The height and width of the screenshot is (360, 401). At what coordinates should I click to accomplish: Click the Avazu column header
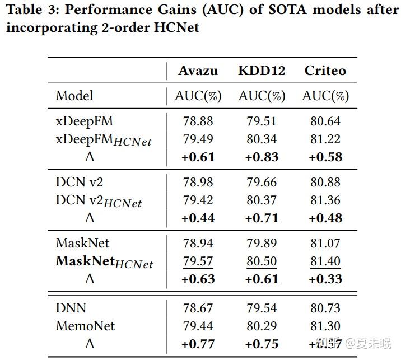pos(198,71)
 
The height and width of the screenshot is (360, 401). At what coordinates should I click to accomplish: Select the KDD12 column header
pos(262,71)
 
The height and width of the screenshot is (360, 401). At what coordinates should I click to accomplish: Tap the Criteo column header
pos(325,71)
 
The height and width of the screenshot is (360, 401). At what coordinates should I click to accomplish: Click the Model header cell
pos(74,96)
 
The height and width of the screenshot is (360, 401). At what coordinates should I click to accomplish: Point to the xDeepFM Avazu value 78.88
pos(198,121)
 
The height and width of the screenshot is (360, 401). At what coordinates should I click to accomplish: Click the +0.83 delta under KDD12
pos(262,157)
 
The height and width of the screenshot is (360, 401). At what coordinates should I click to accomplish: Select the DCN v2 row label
pos(79,182)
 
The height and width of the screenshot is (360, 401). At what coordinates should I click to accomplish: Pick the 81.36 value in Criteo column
pos(325,200)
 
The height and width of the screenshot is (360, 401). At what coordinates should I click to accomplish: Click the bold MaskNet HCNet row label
pos(104,261)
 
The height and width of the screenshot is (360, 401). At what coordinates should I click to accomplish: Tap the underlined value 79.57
pos(198,261)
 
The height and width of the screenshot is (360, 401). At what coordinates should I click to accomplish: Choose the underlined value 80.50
pos(262,261)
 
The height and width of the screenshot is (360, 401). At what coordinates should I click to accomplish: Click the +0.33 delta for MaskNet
pos(325,279)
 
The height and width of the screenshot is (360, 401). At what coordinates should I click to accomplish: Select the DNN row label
pos(71,308)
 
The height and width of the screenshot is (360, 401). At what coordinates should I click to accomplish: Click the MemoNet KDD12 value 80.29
pos(262,326)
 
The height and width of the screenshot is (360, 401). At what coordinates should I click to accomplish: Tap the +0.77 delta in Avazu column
pos(198,344)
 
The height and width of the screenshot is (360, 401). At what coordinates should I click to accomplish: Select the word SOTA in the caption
pos(263,10)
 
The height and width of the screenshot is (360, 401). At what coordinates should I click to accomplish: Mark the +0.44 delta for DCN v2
pos(198,218)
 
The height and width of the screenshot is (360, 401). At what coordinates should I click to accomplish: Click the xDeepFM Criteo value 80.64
pos(325,121)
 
